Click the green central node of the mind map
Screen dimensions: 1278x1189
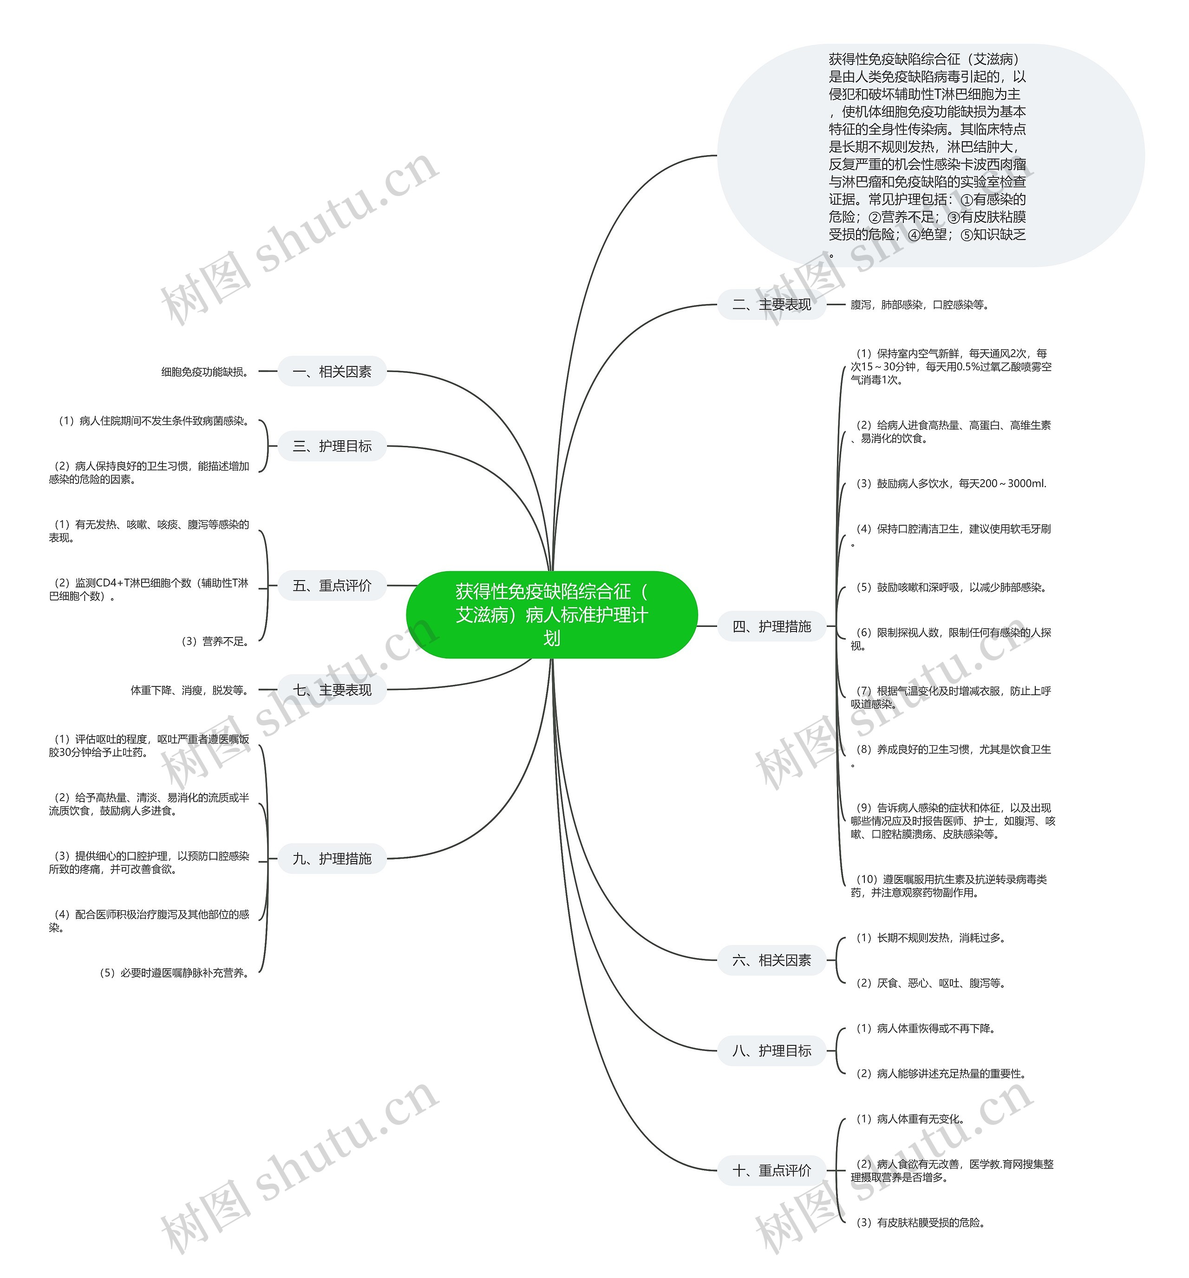click(551, 614)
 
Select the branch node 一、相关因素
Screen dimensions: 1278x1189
click(332, 372)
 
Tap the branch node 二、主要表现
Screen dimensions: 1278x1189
click(771, 305)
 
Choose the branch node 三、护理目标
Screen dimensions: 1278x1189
click(332, 446)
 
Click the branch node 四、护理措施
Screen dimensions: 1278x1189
click(771, 626)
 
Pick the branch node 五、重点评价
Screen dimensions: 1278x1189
click(332, 586)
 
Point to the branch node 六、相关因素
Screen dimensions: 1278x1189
click(771, 960)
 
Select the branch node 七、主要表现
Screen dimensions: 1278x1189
click(332, 690)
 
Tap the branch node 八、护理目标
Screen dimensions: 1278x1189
click(771, 1050)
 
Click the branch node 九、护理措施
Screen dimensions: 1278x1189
click(332, 859)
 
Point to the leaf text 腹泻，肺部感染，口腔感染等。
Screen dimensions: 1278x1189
click(919, 305)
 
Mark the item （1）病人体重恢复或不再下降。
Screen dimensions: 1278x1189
click(924, 1029)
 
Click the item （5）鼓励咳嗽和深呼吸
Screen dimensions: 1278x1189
click(949, 587)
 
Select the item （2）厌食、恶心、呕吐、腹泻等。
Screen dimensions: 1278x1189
click(928, 983)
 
